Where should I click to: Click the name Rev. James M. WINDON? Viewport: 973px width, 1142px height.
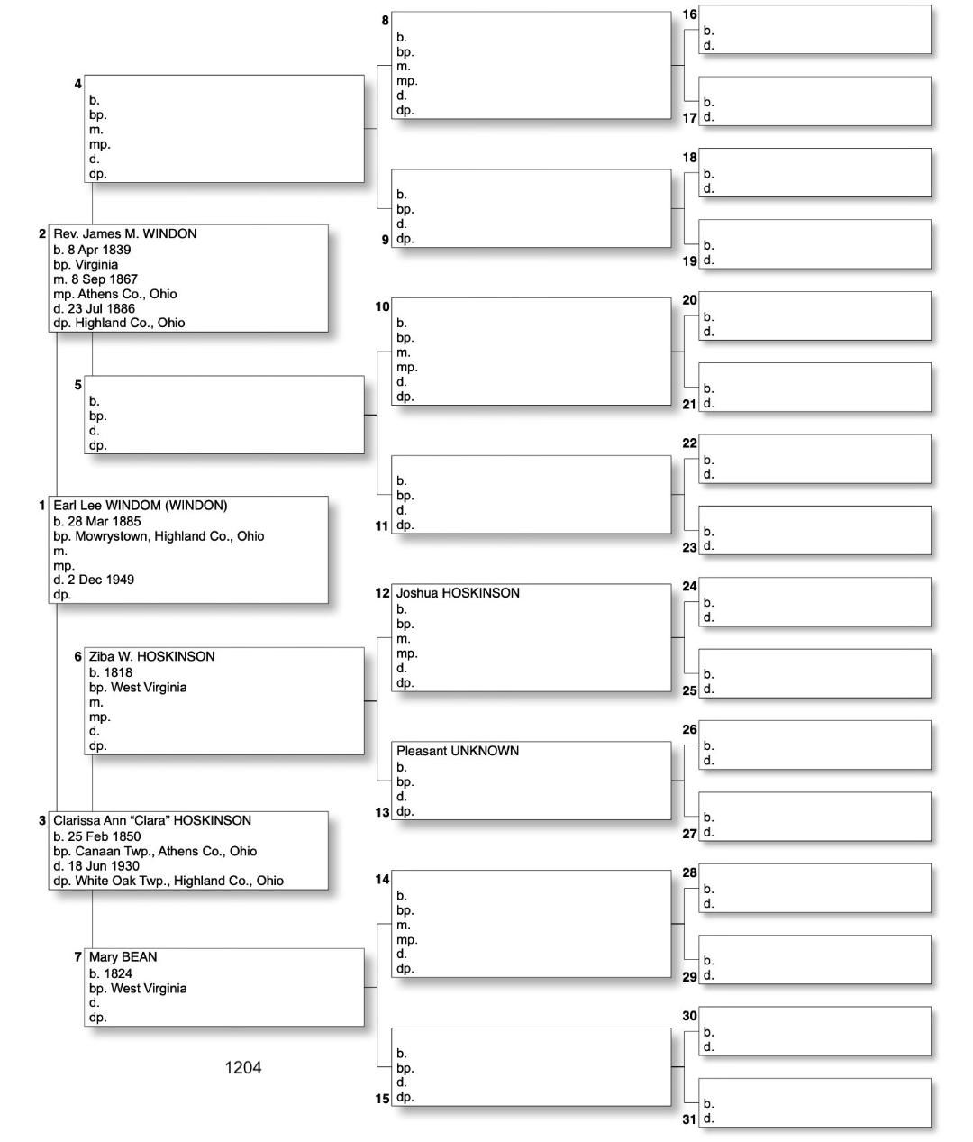coord(124,233)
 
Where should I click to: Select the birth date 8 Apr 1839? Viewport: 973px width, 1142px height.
coord(99,250)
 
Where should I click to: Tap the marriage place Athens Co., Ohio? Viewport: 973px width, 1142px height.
coord(126,294)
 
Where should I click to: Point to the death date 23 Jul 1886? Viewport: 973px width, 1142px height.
coord(101,308)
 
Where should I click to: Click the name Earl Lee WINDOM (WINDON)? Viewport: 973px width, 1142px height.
coord(140,506)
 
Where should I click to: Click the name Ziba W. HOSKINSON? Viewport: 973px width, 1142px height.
coord(151,656)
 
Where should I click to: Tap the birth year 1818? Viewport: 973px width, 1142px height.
coord(118,672)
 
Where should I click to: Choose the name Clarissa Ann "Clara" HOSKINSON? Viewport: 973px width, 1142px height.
coord(151,820)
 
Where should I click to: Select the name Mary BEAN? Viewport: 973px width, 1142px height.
coord(123,957)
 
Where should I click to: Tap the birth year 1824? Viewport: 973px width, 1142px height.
coord(118,973)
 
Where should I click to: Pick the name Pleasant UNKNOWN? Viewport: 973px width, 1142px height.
coord(457,751)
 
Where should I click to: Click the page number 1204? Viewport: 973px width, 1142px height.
coord(242,1068)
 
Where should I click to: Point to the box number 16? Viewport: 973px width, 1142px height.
coord(689,14)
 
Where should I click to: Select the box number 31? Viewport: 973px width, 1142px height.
coord(689,1119)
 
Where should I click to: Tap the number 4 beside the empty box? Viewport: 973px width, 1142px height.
coord(78,84)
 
